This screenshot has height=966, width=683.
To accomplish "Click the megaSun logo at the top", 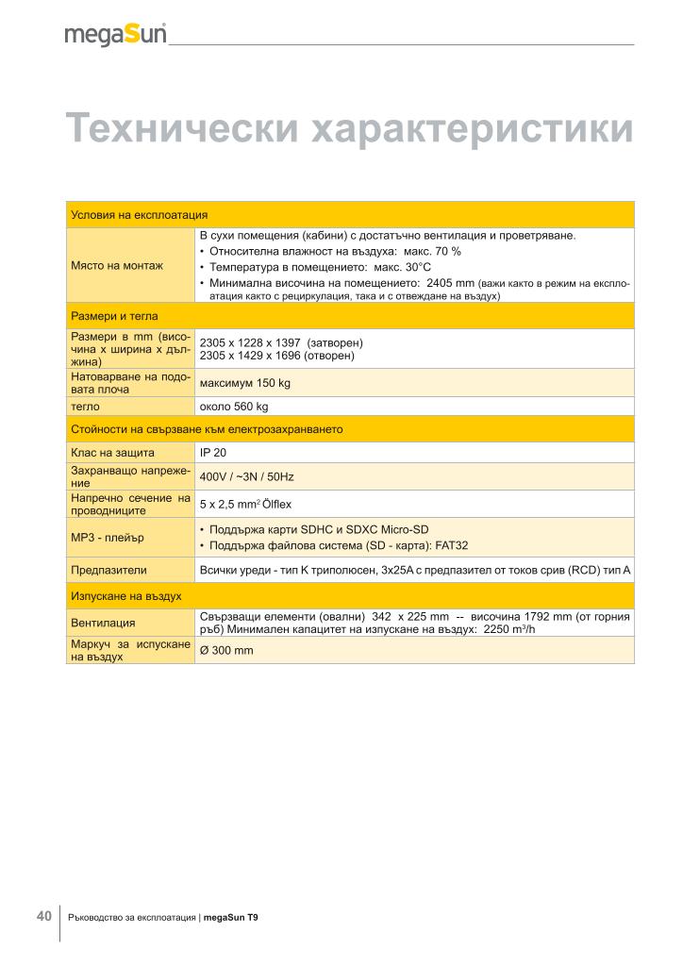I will (116, 35).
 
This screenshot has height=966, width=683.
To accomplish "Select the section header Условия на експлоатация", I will (140, 214).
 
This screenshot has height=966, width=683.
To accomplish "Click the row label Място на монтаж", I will (117, 265).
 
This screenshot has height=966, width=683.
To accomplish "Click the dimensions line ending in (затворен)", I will (281, 341).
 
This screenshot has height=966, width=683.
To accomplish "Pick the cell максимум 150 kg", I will (244, 383).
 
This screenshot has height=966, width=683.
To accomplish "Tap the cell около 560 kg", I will (234, 407).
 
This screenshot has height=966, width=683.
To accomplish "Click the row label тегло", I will (86, 407).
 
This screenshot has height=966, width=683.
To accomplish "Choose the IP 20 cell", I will (213, 453).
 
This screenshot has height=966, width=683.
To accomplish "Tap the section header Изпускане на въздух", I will (126, 596).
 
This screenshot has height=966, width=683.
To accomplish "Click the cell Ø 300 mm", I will (226, 650).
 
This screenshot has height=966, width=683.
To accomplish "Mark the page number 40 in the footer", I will (43, 915).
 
